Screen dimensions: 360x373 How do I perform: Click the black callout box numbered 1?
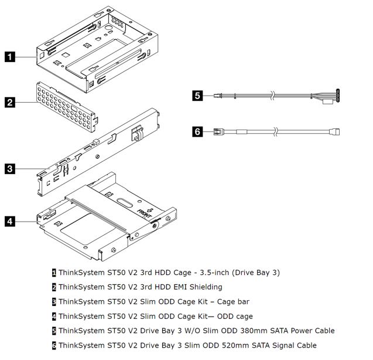[11, 57]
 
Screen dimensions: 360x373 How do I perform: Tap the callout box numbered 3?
[11, 169]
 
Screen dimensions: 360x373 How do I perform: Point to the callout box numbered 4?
[11, 221]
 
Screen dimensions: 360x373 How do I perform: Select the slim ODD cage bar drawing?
[100, 152]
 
